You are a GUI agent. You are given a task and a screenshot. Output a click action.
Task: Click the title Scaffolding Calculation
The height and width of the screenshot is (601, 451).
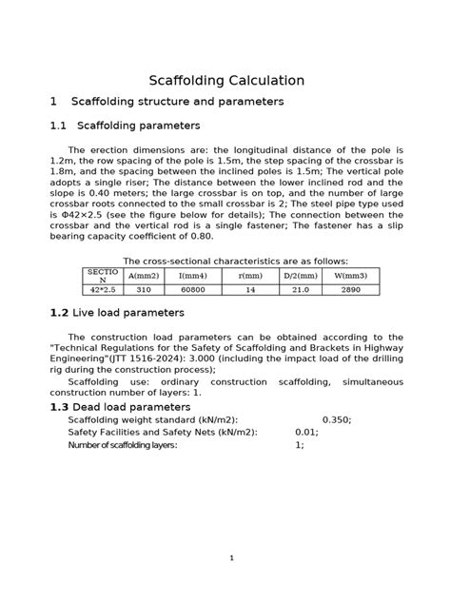point(226,81)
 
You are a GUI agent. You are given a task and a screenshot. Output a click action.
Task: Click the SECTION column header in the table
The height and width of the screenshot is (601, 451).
point(102,276)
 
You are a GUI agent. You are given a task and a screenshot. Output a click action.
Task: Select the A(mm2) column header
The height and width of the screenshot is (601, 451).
point(144,276)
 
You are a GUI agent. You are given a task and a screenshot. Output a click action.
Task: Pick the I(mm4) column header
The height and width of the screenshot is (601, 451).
point(193,276)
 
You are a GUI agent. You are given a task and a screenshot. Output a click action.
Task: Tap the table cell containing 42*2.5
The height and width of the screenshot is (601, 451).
point(102,289)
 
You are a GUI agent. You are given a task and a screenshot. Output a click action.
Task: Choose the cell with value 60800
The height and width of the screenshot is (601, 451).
point(193,289)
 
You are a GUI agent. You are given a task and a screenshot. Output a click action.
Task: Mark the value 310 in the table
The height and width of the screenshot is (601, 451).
point(144,289)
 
